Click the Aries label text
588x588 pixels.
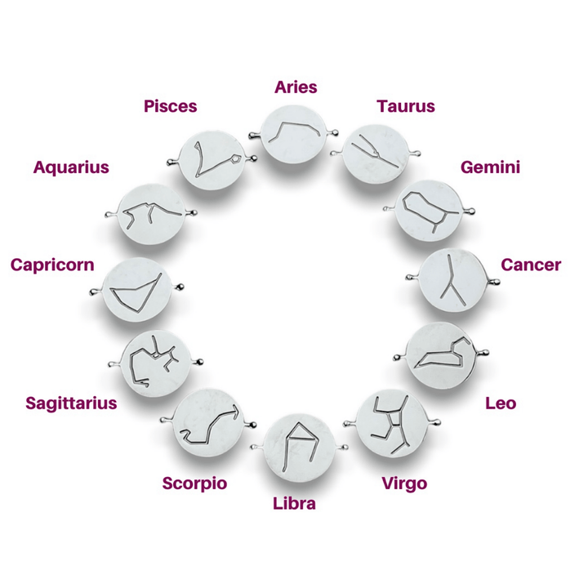pyautogui.click(x=296, y=87)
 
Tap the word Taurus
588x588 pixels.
pyautogui.click(x=405, y=106)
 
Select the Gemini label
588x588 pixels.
pyautogui.click(x=490, y=167)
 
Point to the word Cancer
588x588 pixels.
pyautogui.click(x=531, y=265)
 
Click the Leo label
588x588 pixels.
pyautogui.click(x=500, y=403)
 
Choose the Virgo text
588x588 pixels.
pyautogui.click(x=404, y=483)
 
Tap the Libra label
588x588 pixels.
pyautogui.click(x=294, y=503)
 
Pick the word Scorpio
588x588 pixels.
pyautogui.click(x=194, y=483)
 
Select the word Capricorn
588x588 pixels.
pyautogui.click(x=52, y=265)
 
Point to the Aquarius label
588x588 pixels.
pyautogui.click(x=71, y=167)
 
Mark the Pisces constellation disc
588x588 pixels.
pyautogui.click(x=214, y=158)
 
